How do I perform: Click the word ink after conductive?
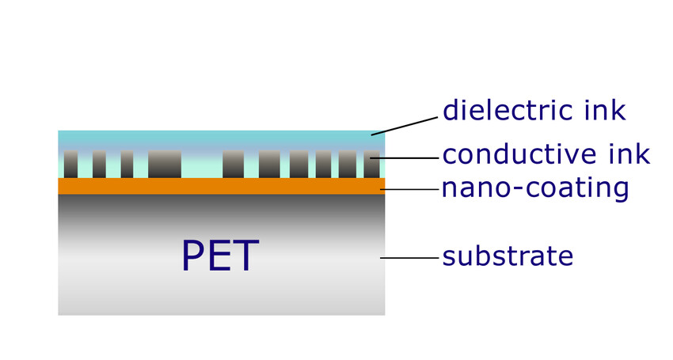[x=630, y=154]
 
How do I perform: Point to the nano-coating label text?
[x=535, y=189]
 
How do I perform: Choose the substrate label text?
[x=508, y=256]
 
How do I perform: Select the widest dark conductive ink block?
[x=165, y=164]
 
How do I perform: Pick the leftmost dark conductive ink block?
[x=70, y=164]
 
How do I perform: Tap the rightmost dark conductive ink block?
[x=372, y=164]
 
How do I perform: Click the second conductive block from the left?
[x=99, y=164]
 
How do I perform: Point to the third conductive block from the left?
[x=127, y=164]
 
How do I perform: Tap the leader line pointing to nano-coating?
[x=412, y=189]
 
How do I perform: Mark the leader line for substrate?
[x=409, y=257]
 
